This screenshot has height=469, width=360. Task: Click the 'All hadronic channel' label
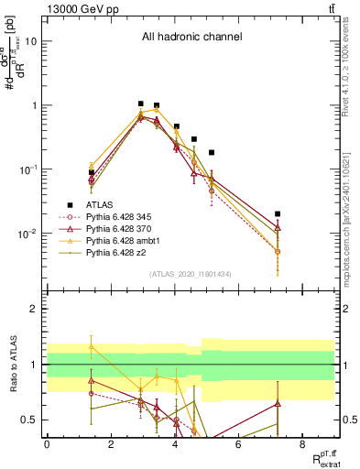[191, 38]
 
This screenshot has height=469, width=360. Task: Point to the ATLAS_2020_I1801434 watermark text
[191, 275]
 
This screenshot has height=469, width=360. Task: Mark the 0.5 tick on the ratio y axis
[27, 420]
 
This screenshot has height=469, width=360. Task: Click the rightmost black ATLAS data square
[278, 213]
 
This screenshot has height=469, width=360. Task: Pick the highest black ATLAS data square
[140, 104]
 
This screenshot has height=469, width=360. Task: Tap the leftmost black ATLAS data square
[92, 172]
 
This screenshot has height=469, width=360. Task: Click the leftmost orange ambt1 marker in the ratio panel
[92, 346]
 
